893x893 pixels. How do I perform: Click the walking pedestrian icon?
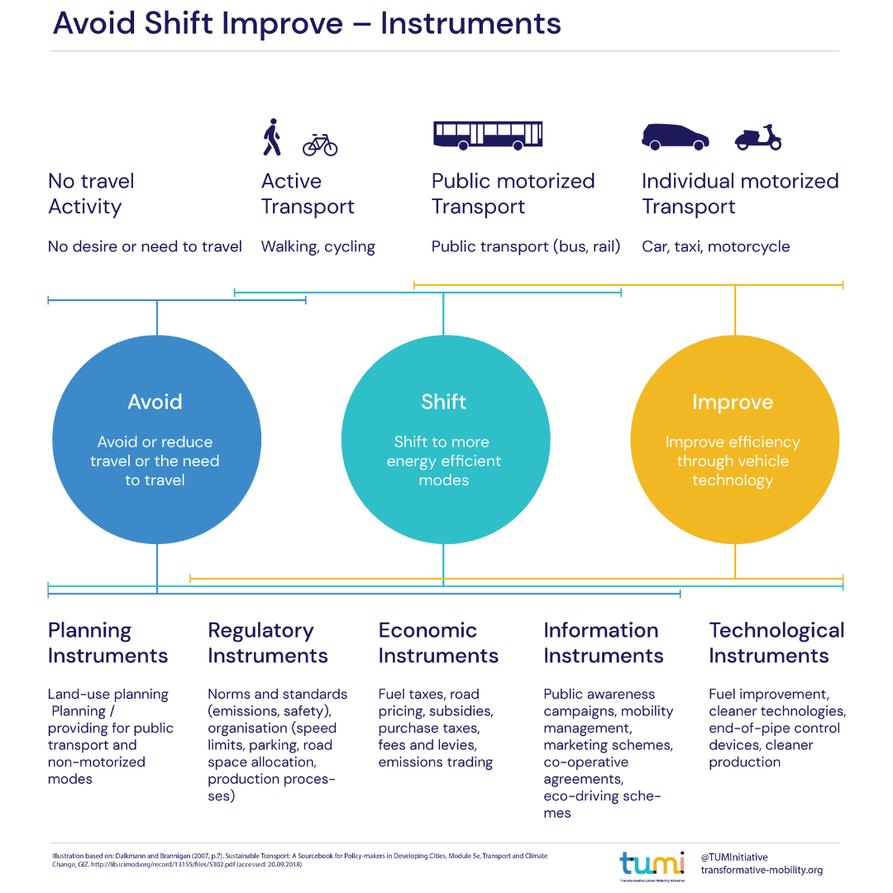[x=271, y=137]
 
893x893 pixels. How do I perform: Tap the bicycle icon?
[x=320, y=145]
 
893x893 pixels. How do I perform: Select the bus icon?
[x=488, y=135]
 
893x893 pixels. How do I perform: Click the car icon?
[x=676, y=137]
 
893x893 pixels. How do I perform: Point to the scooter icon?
[x=758, y=137]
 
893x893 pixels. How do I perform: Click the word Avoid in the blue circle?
[x=155, y=402]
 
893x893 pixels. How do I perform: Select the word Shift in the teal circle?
[x=444, y=402]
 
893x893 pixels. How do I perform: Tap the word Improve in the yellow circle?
[x=733, y=403]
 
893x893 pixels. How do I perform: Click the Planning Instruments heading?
[x=107, y=642]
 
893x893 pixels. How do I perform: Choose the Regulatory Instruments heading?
[x=268, y=642]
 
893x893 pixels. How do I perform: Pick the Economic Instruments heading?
[x=438, y=642]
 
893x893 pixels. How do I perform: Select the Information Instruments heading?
[x=604, y=642]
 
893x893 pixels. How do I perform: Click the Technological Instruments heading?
[x=776, y=642]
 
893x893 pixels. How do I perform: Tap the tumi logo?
[x=652, y=863]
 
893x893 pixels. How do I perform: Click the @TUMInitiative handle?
[x=734, y=857]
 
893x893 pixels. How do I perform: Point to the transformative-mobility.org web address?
[x=762, y=870]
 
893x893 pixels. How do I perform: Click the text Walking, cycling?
[x=318, y=246]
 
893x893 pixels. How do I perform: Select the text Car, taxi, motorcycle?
[x=716, y=246]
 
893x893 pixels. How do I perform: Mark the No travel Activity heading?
[x=91, y=193]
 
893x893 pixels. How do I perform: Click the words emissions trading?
[x=436, y=762]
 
